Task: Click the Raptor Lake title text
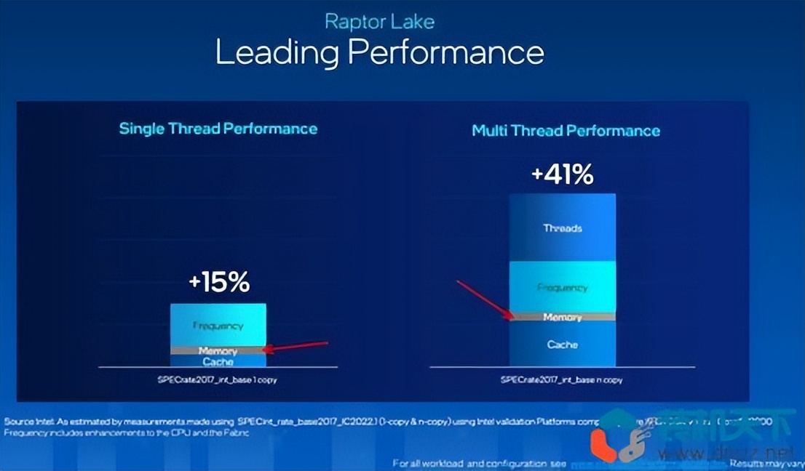(379, 21)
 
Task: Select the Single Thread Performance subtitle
(218, 129)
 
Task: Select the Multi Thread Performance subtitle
(566, 131)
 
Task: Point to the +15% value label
(218, 282)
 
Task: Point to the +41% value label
(563, 174)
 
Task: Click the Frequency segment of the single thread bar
(218, 325)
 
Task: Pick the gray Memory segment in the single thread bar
(218, 350)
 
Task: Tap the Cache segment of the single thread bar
(218, 361)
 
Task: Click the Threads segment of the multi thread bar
(563, 228)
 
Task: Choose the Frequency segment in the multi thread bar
(563, 287)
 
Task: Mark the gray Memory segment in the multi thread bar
(563, 317)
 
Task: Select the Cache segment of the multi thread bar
(563, 344)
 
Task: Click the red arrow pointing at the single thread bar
(295, 347)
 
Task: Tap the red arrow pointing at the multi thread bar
(484, 298)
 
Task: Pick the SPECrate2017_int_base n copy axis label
(561, 379)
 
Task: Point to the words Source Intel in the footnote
(26, 422)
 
